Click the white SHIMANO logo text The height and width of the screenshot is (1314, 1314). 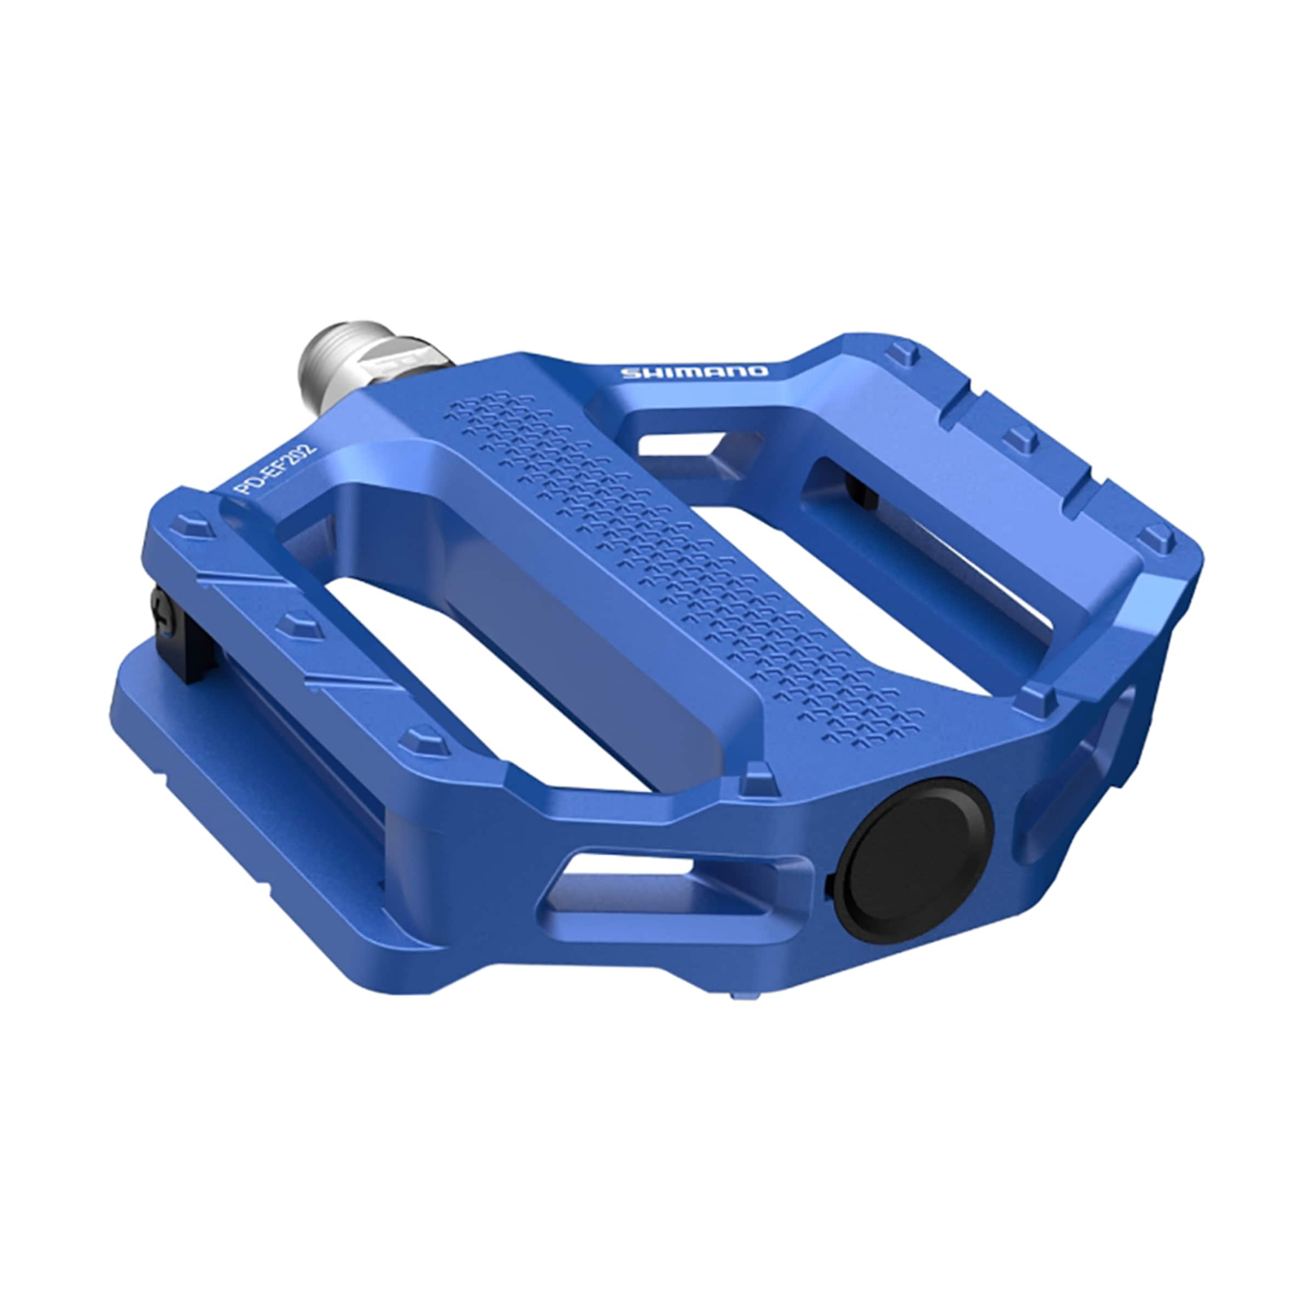[694, 372]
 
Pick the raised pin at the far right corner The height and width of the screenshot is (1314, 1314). [1157, 538]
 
